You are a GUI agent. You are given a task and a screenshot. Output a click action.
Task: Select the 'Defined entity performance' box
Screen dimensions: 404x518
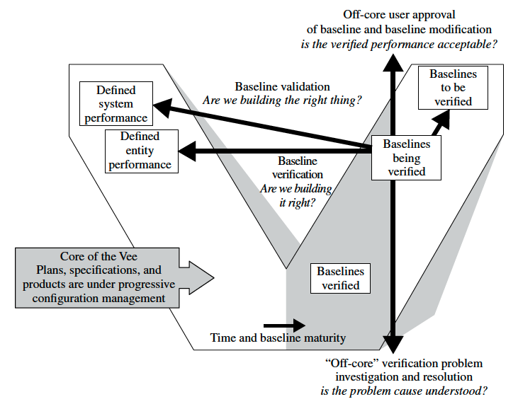point(140,151)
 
